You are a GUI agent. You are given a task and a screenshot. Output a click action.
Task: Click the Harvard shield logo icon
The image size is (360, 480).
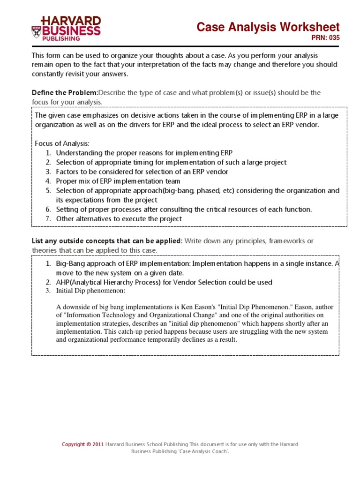point(36,32)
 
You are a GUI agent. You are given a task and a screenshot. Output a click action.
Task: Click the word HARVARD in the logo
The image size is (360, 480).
point(71,21)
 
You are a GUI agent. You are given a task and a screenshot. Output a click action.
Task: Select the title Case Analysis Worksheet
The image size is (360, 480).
point(268,27)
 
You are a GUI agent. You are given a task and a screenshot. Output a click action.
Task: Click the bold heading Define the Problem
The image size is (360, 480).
point(64,93)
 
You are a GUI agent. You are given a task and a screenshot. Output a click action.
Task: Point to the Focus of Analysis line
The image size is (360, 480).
point(62,143)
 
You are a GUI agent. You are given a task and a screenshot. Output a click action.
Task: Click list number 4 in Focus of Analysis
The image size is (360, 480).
point(48,181)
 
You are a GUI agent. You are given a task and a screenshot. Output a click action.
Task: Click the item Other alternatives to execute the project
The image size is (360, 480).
point(119,219)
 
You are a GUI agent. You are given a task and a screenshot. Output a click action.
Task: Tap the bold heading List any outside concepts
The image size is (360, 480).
point(107,241)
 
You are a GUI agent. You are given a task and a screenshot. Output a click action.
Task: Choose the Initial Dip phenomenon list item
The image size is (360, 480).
point(90,291)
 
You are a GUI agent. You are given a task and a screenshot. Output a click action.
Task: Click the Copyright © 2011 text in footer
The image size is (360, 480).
point(83,444)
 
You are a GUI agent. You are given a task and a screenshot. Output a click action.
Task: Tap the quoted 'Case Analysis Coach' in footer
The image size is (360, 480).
point(206,451)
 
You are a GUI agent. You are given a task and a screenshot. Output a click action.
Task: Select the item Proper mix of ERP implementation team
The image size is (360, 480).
point(118,181)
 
